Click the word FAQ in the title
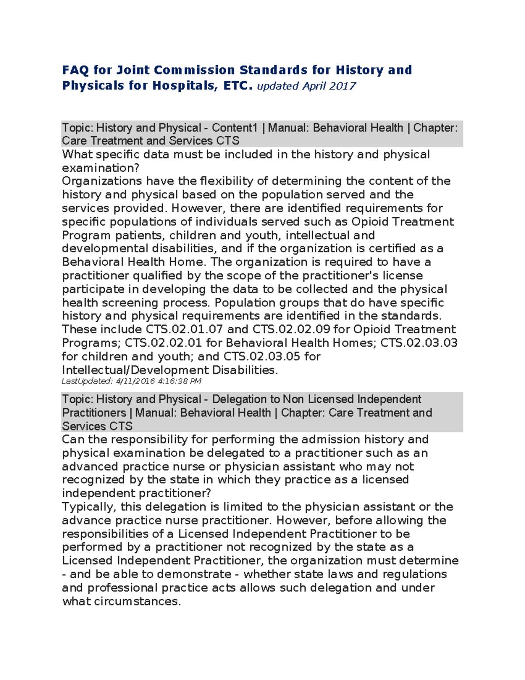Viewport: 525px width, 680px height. point(75,70)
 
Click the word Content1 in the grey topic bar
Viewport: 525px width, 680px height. point(234,128)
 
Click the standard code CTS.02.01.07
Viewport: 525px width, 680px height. point(185,329)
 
